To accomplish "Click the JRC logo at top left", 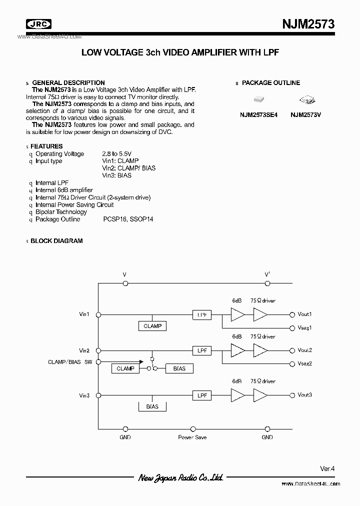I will pos(39,24).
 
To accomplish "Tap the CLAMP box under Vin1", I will pos(152,326).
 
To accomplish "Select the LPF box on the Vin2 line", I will pos(202,350).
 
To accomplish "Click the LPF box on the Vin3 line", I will pos(202,395).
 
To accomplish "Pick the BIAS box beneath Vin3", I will pos(152,406).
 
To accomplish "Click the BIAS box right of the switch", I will pos(179,368).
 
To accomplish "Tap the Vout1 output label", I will pos(304,314).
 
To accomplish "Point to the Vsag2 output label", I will pos(304,363).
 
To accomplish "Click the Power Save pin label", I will pos(192,437).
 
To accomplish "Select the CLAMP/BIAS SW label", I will pos(70,361).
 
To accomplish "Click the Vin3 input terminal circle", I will pos(99,395).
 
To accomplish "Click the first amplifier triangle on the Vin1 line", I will pos(237,314).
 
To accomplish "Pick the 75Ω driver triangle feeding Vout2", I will pos(260,350).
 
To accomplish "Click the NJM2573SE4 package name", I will pos(258,114).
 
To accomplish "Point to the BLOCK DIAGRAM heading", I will pos(56,241).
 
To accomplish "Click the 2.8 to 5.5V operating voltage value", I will pos(117,154).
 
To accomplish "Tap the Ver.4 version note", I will pos(327,468).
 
